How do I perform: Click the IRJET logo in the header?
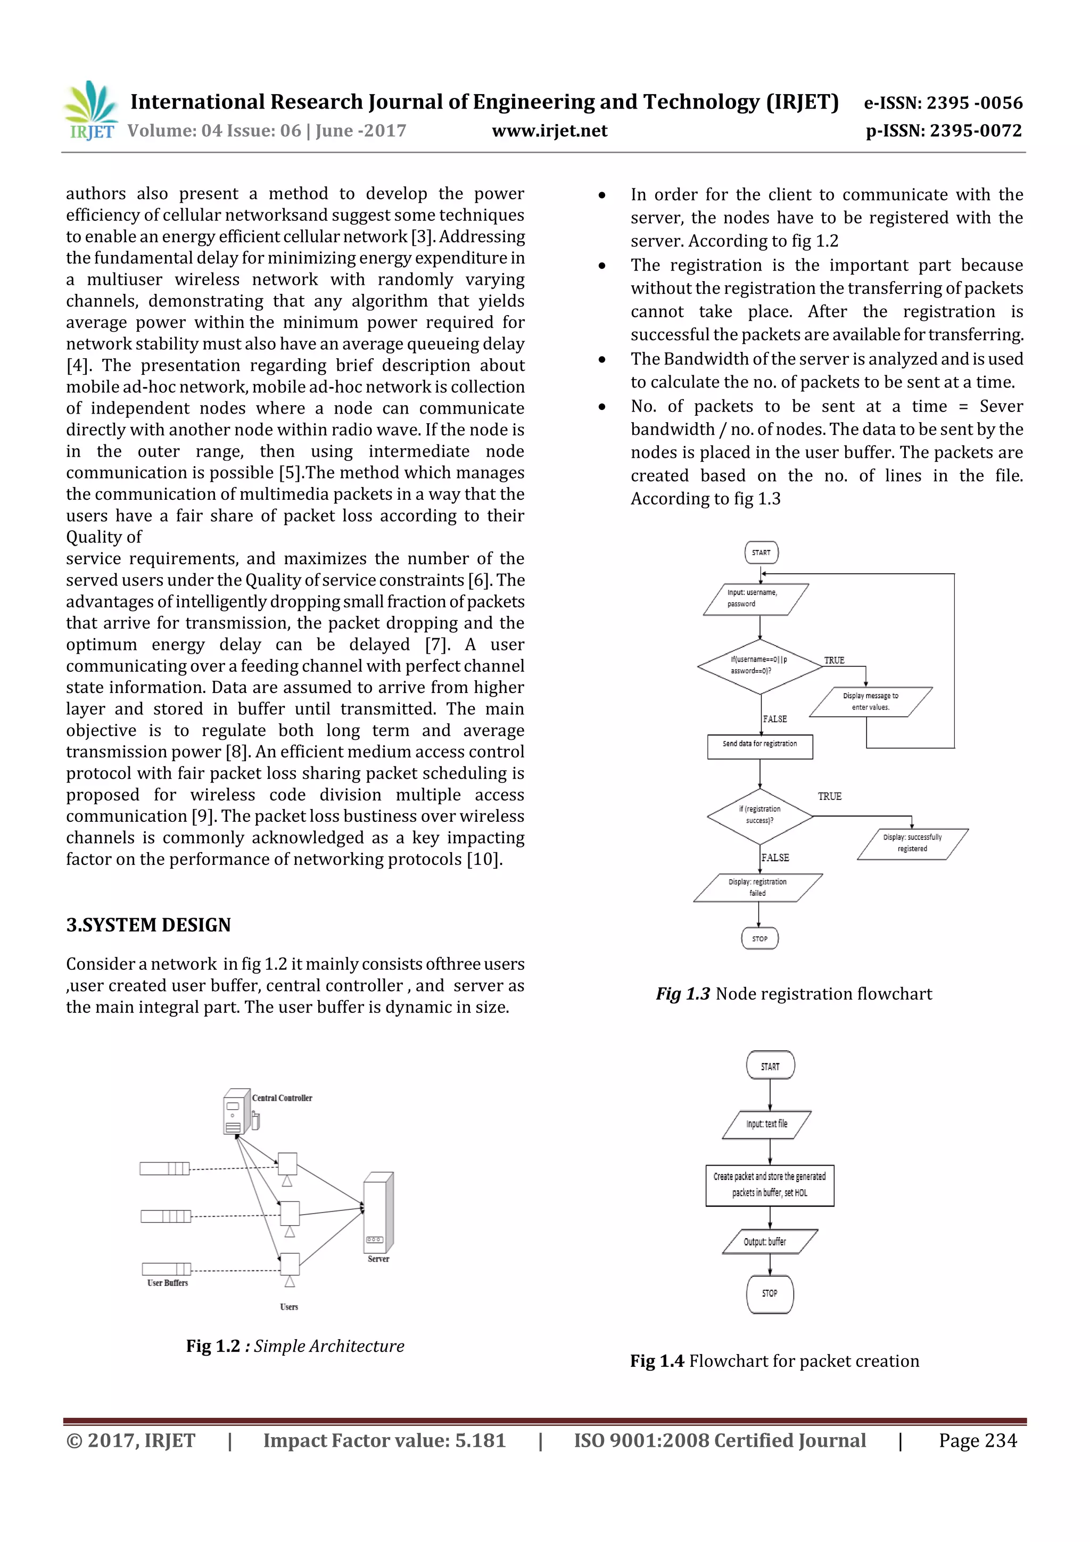(x=90, y=110)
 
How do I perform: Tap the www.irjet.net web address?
(x=549, y=131)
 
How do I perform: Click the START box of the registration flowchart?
(x=761, y=553)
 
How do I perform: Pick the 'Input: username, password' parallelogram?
(x=756, y=599)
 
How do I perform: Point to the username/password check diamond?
(x=759, y=665)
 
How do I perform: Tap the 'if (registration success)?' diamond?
(x=759, y=815)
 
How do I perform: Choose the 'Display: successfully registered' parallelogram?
(x=912, y=844)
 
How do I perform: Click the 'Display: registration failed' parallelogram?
(x=757, y=887)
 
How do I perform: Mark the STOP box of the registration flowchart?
(x=759, y=938)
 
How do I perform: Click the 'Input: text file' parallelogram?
(x=767, y=1124)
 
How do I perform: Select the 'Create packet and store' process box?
(x=770, y=1185)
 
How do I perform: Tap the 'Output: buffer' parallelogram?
(x=770, y=1241)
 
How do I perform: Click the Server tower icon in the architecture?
(x=378, y=1212)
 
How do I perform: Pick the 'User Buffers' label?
(x=167, y=1283)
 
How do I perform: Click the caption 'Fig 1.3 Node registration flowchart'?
(x=794, y=994)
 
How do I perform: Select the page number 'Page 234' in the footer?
(x=978, y=1440)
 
